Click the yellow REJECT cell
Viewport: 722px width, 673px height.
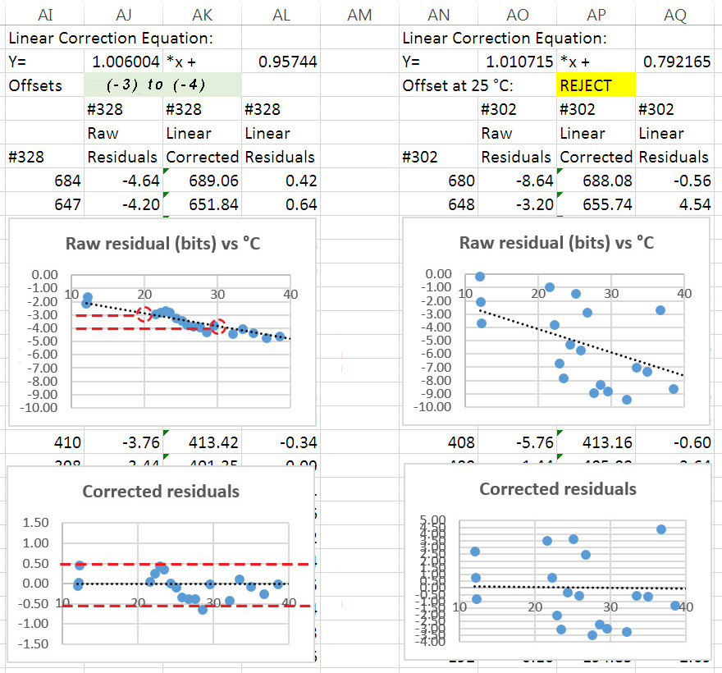(x=596, y=85)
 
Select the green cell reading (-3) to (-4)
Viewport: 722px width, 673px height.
(x=162, y=85)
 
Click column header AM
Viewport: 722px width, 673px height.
(x=359, y=15)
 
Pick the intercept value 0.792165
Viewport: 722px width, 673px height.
(x=677, y=62)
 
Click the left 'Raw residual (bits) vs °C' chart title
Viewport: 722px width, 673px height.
(x=162, y=243)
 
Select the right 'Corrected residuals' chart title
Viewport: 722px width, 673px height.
(x=557, y=489)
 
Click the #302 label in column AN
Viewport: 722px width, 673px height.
(x=420, y=157)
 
